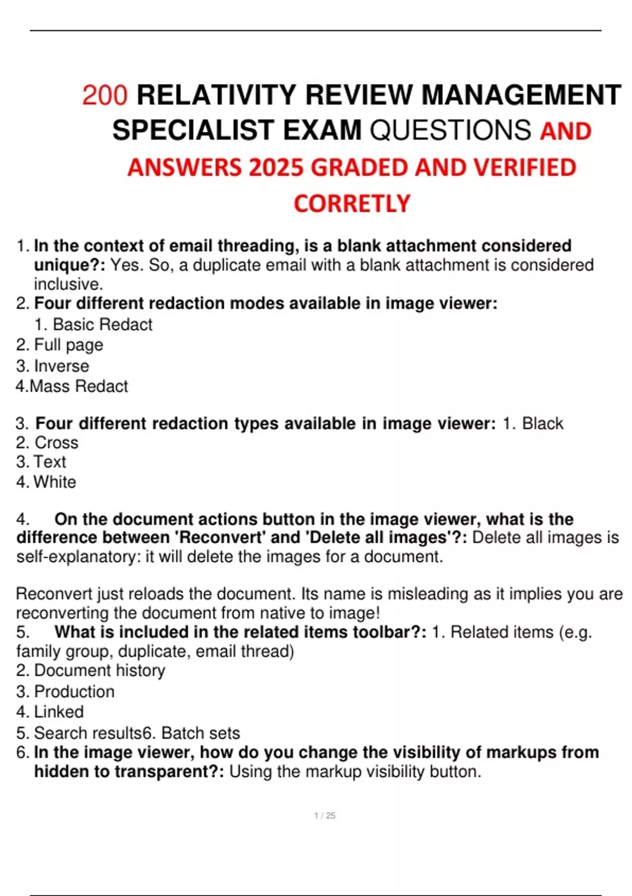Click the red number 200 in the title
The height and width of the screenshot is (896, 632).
[105, 95]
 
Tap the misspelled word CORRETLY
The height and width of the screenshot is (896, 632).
[352, 204]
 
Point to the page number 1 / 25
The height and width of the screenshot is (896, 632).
[324, 815]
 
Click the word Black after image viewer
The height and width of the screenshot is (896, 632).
[542, 423]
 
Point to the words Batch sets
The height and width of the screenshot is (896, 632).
[201, 733]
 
